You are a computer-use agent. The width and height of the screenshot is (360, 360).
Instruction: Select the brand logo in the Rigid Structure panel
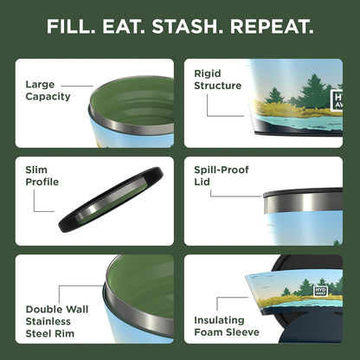point(337,100)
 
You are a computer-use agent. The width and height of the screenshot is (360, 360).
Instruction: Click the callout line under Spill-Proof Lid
point(234,196)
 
